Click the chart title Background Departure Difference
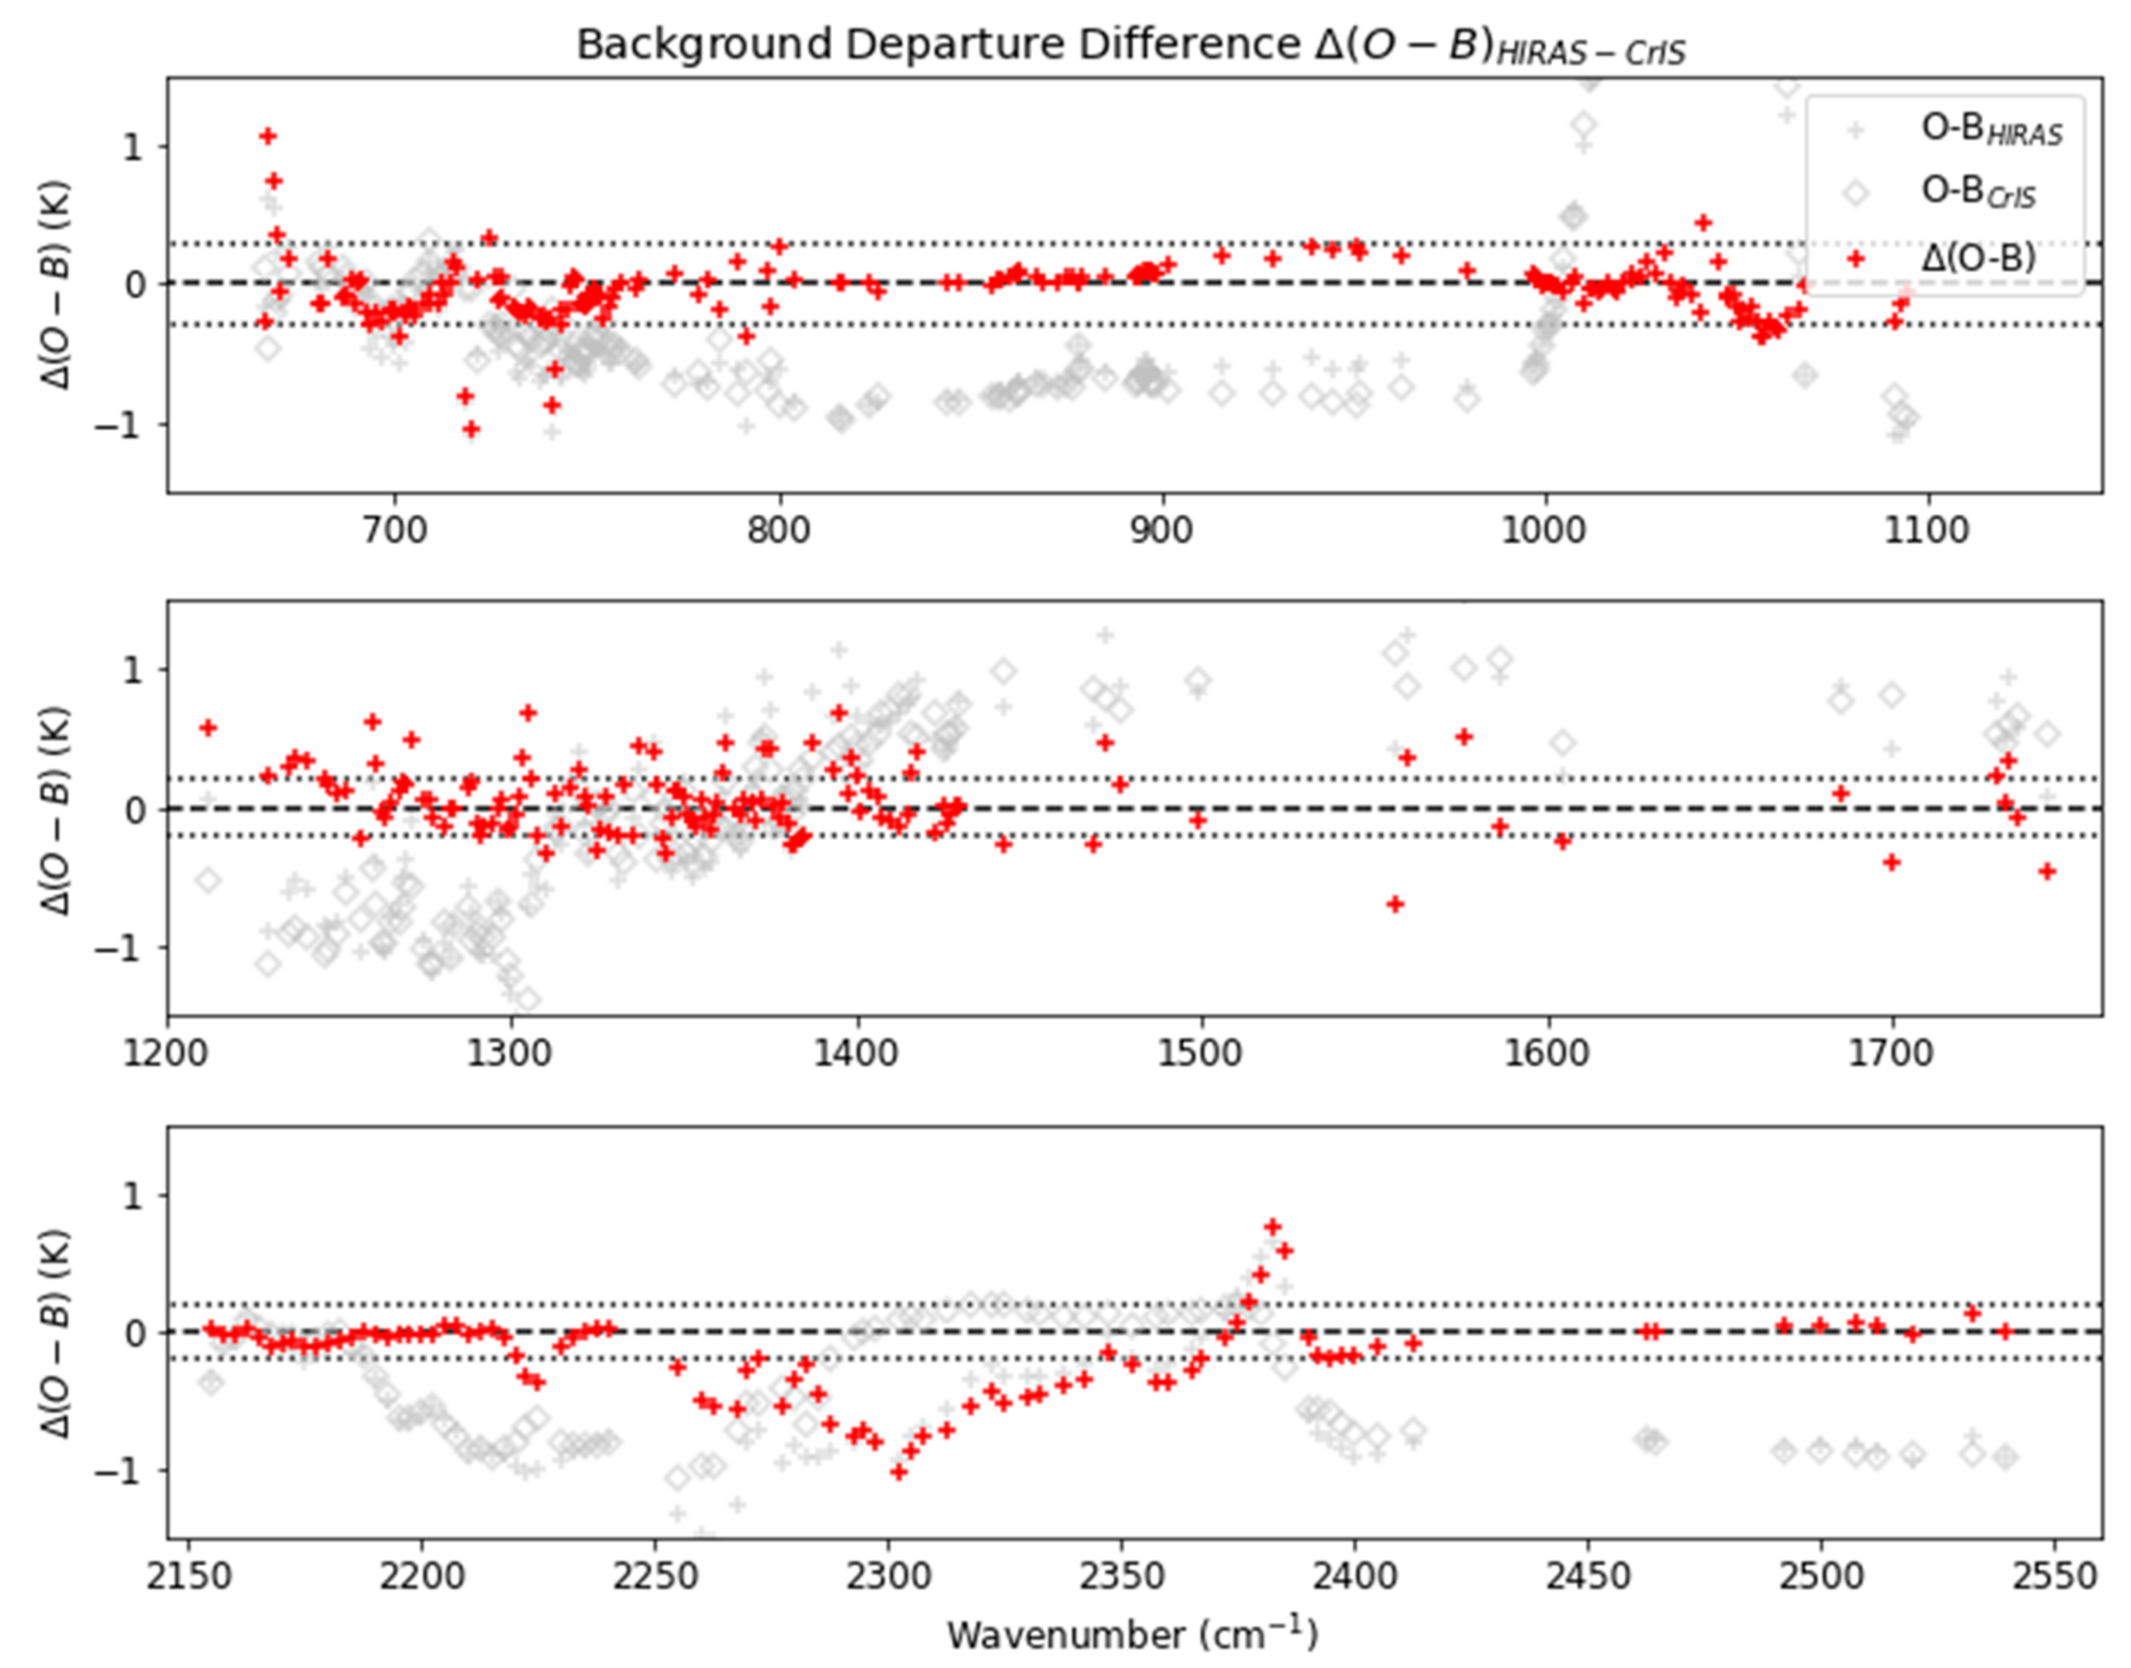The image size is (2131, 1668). tap(1130, 45)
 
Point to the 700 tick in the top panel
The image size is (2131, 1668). tap(395, 531)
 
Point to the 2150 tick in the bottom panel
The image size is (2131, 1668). tap(191, 1577)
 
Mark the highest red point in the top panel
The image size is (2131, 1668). tap(268, 136)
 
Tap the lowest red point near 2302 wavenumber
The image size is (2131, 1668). tap(899, 1472)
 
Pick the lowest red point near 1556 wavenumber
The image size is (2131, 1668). tap(1396, 904)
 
